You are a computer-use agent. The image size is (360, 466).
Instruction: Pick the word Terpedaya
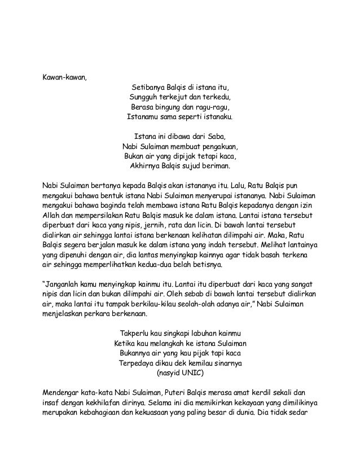136,363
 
